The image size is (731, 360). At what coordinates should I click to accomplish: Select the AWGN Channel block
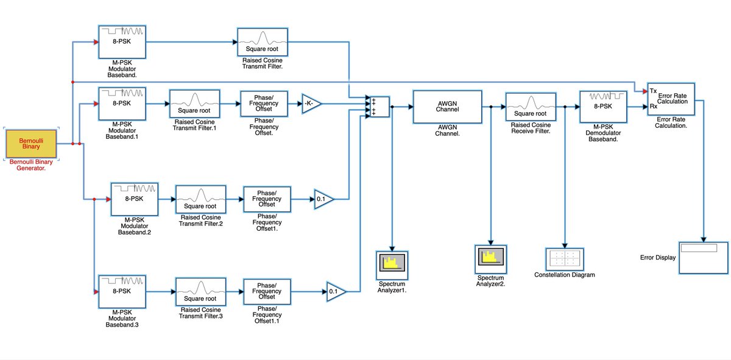pyautogui.click(x=447, y=107)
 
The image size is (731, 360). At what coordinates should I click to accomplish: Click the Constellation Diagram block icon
pyautogui.click(x=565, y=258)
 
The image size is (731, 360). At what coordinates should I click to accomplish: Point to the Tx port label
pyautogui.click(x=653, y=90)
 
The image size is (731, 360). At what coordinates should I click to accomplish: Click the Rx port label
pyautogui.click(x=653, y=107)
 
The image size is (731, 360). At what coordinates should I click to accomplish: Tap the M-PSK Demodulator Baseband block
pyautogui.click(x=603, y=107)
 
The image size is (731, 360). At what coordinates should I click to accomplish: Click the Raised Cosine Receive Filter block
pyautogui.click(x=530, y=107)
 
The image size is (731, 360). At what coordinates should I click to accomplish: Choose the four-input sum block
pyautogui.click(x=376, y=107)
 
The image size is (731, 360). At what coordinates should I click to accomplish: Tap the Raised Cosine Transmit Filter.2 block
pyautogui.click(x=200, y=198)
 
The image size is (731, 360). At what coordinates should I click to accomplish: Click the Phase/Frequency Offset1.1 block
pyautogui.click(x=267, y=292)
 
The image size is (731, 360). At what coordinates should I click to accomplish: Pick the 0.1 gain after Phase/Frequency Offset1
pyautogui.click(x=323, y=199)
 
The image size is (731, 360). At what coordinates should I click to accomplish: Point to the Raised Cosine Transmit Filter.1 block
pyautogui.click(x=194, y=104)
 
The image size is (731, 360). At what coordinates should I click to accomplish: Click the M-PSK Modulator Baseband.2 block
pyautogui.click(x=134, y=199)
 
